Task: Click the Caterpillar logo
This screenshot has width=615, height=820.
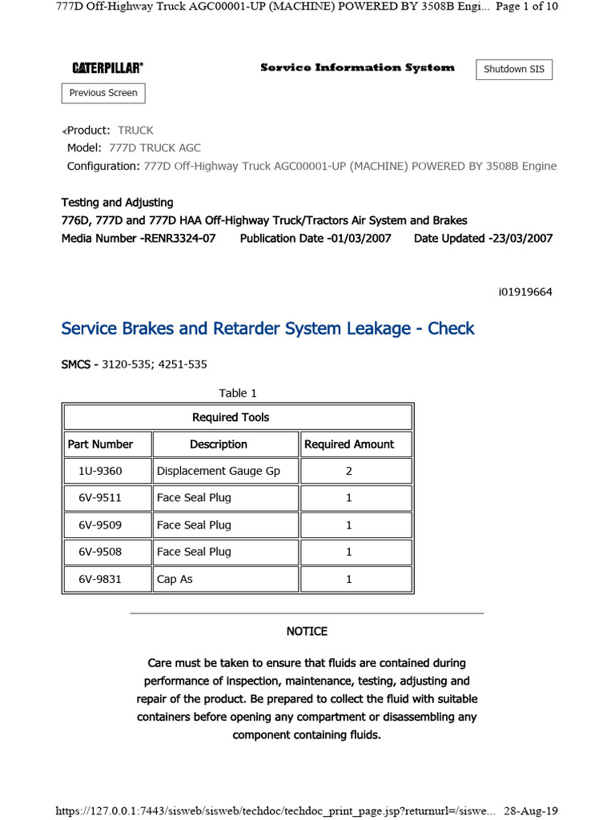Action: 107,69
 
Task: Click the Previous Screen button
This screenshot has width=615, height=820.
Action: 103,93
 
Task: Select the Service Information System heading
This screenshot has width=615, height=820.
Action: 357,68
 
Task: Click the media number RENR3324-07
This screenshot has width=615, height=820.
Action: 178,239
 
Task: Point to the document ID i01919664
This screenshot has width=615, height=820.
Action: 525,292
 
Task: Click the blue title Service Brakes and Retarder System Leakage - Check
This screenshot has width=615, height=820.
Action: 268,328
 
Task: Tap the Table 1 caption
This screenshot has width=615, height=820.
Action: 238,393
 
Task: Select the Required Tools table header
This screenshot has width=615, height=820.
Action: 231,417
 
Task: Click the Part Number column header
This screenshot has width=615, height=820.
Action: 101,444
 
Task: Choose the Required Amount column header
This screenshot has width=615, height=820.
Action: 349,444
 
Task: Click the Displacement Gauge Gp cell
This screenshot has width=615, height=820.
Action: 218,471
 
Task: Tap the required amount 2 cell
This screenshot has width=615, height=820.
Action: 349,471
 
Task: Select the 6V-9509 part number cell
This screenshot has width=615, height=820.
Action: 100,525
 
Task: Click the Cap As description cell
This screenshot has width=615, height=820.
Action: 175,579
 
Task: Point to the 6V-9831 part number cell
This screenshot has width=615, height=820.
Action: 100,579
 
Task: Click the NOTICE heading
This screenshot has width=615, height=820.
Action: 307,632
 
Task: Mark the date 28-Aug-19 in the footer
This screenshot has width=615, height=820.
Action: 530,810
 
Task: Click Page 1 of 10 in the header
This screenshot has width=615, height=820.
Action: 528,6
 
